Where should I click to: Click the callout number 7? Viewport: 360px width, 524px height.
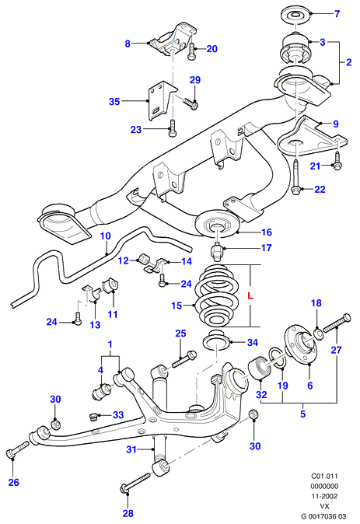coord(337,14)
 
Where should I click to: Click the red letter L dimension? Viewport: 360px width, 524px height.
coord(250,295)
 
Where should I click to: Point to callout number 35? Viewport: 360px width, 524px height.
coord(114,101)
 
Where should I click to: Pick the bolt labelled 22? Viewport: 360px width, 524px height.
coord(295,177)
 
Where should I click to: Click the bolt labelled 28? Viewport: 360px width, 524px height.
coord(136,484)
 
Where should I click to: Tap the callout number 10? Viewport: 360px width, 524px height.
coord(105,236)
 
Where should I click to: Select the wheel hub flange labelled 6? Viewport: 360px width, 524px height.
coord(301,344)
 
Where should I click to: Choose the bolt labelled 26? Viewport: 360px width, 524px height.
coord(18,449)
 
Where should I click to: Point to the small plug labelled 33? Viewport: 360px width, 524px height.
coord(94,417)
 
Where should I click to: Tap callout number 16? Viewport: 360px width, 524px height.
coord(267,232)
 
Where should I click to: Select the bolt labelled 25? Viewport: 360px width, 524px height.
coord(184,359)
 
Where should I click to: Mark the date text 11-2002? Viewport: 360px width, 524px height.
coord(324,496)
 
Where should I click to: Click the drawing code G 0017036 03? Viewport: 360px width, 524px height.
coord(323,516)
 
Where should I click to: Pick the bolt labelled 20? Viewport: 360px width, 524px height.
coord(192,52)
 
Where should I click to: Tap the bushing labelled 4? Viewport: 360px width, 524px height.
coord(101,392)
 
